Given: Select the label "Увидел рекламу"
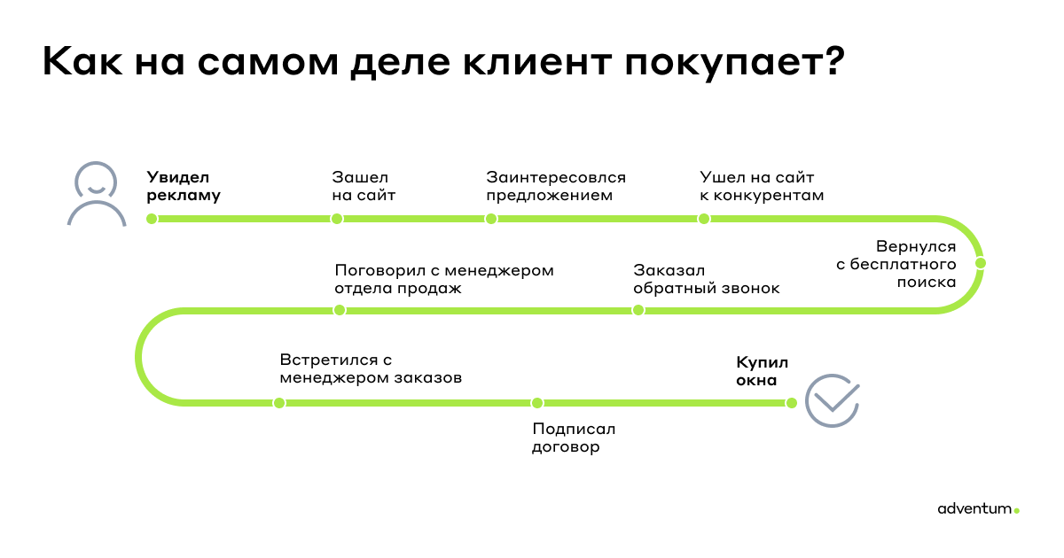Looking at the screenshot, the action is pyautogui.click(x=184, y=186).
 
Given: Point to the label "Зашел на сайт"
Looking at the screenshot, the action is pyautogui.click(x=364, y=186).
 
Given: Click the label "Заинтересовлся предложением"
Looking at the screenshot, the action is pyautogui.click(x=556, y=186).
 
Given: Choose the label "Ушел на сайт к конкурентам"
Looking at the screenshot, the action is pyautogui.click(x=762, y=186).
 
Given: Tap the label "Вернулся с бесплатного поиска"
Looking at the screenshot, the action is pyautogui.click(x=896, y=264).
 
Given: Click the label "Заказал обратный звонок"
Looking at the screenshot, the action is pyautogui.click(x=707, y=279).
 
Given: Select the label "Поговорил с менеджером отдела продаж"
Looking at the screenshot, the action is pyautogui.click(x=444, y=279).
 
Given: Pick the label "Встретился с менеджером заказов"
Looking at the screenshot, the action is pyautogui.click(x=371, y=368).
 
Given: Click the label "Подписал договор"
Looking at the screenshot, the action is pyautogui.click(x=574, y=438).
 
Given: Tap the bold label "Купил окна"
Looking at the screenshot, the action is pyautogui.click(x=762, y=371).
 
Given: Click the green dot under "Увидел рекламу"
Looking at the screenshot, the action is pyautogui.click(x=152, y=219).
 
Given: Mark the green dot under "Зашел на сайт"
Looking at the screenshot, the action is pyautogui.click(x=337, y=219).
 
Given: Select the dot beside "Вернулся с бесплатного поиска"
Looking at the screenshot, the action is pyautogui.click(x=981, y=263).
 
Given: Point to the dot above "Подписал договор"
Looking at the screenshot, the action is pyautogui.click(x=537, y=403).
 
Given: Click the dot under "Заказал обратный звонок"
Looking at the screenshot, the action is pyautogui.click(x=638, y=310).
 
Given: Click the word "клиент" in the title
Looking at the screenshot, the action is pyautogui.click(x=537, y=62).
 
